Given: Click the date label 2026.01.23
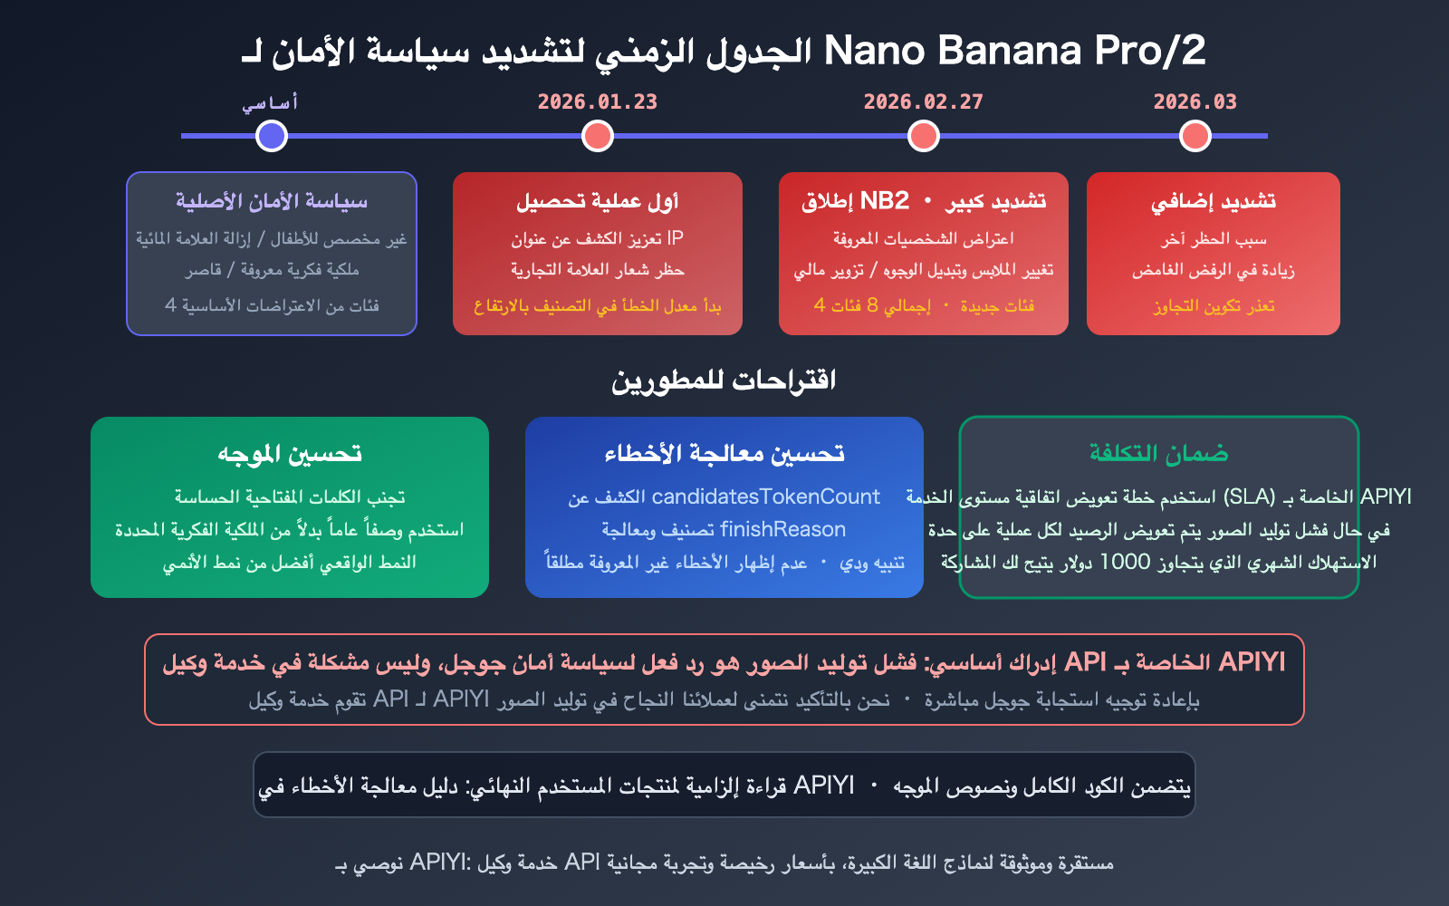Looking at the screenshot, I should click(x=598, y=101).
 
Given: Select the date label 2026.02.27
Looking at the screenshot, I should click(x=923, y=101).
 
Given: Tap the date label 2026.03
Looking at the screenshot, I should click(x=1195, y=101).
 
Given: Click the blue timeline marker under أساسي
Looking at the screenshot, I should click(x=272, y=136).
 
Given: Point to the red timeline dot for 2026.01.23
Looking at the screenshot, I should click(x=598, y=136).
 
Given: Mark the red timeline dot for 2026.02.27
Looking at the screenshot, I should click(x=924, y=136).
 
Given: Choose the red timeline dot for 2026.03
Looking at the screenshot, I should click(x=1195, y=136).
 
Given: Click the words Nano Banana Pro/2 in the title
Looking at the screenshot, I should click(x=1014, y=51).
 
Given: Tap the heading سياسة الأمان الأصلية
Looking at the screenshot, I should click(x=272, y=201).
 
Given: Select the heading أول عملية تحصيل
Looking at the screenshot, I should click(x=598, y=201).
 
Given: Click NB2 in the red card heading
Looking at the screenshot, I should click(x=884, y=201).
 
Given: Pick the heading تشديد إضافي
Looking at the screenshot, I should click(x=1214, y=201).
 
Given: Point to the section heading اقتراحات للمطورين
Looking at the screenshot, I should click(x=724, y=381).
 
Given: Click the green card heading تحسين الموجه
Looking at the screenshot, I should click(x=290, y=454).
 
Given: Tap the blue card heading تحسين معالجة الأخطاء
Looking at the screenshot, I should click(x=724, y=454).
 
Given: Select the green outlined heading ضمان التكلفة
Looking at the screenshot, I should click(x=1159, y=454).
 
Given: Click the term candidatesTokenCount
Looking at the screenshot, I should click(x=765, y=496).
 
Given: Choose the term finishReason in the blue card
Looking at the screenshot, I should click(x=782, y=529).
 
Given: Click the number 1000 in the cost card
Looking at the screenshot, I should click(x=1124, y=562).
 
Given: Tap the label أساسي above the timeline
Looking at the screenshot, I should click(x=270, y=102).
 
